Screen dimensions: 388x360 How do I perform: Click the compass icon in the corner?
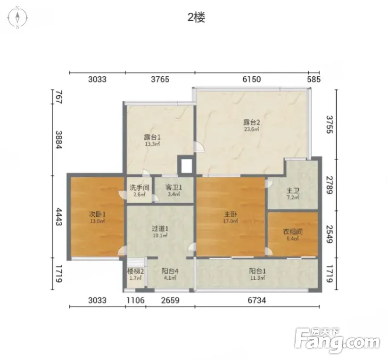(x=17, y=18)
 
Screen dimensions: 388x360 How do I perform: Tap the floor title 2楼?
(x=197, y=17)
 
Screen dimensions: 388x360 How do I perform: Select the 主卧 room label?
(x=230, y=214)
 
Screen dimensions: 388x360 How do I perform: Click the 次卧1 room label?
(x=97, y=214)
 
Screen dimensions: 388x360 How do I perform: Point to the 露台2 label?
(x=252, y=122)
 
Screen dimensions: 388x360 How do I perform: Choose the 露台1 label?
(x=152, y=137)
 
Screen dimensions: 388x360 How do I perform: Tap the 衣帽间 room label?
(x=293, y=232)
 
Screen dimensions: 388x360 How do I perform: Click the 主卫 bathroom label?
(x=293, y=191)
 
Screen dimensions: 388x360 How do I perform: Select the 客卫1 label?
(x=173, y=188)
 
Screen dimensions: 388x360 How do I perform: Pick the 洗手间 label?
(x=140, y=188)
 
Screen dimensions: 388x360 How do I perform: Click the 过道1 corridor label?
(x=160, y=229)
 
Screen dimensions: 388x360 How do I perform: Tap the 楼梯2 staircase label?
(x=136, y=271)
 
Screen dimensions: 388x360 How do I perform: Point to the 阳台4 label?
(x=170, y=271)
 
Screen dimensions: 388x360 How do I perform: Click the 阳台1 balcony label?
(x=257, y=271)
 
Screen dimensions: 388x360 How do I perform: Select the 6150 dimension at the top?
(x=252, y=79)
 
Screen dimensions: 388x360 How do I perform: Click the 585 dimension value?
(x=314, y=79)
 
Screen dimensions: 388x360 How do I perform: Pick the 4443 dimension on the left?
(x=58, y=217)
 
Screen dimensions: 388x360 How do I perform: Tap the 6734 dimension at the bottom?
(x=257, y=300)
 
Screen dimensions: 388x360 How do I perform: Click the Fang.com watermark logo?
(x=338, y=341)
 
